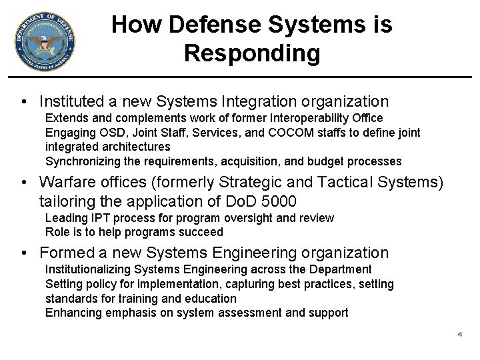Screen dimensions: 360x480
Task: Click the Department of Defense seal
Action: [43, 41]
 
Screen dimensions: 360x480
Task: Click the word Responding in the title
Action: [252, 53]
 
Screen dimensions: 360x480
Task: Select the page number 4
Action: [459, 333]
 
